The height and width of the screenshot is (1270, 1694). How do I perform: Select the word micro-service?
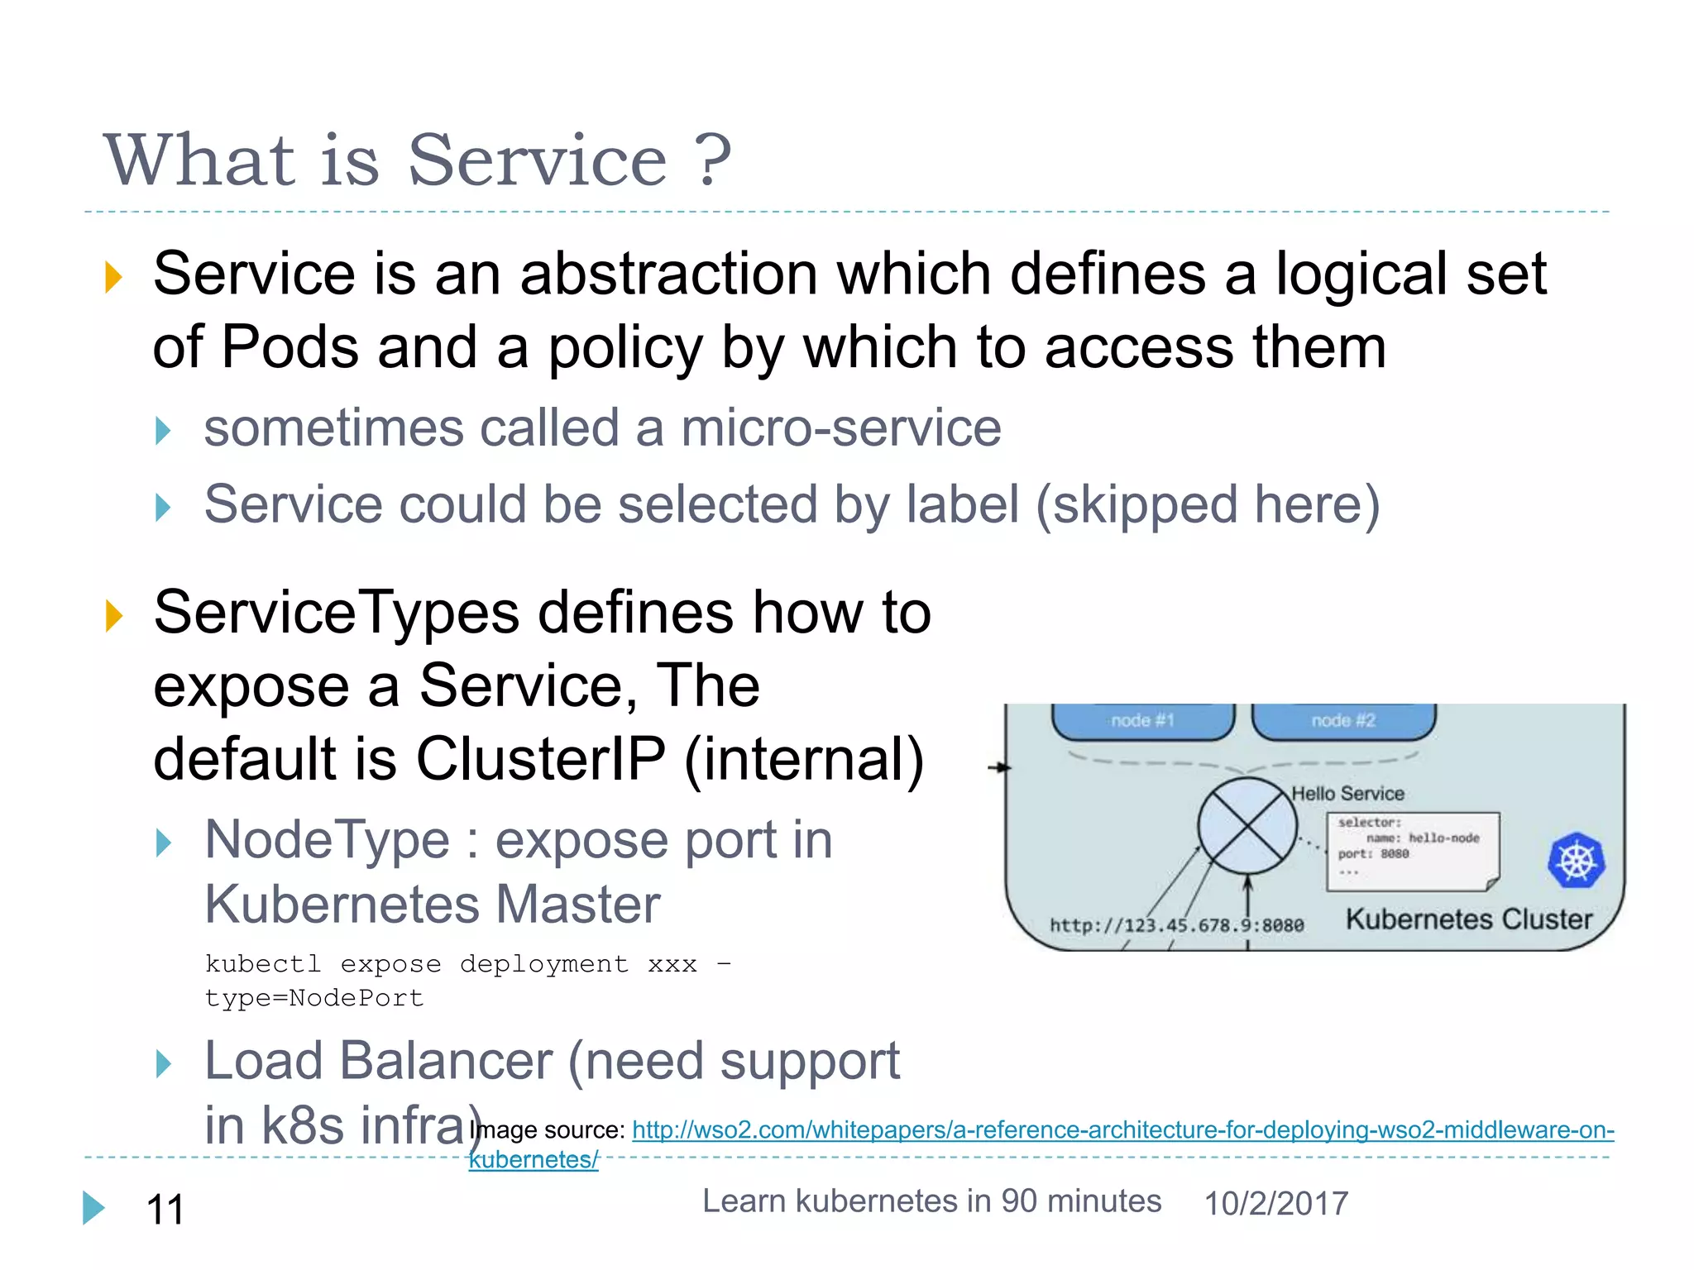pyautogui.click(x=840, y=428)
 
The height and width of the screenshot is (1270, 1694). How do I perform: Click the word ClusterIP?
pyautogui.click(x=540, y=758)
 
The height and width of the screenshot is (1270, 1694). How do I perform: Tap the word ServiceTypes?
pyautogui.click(x=337, y=613)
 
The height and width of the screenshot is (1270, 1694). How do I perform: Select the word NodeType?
pyautogui.click(x=327, y=840)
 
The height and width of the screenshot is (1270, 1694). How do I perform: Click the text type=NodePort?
pyautogui.click(x=314, y=998)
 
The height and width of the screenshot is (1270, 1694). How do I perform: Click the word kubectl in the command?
pyautogui.click(x=262, y=964)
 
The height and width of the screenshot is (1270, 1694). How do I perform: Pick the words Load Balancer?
pyautogui.click(x=378, y=1061)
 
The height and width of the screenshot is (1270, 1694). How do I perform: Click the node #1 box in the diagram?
pyautogui.click(x=1142, y=720)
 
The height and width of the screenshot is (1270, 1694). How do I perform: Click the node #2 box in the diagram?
pyautogui.click(x=1342, y=720)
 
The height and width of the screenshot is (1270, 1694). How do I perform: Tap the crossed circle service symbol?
pyautogui.click(x=1247, y=826)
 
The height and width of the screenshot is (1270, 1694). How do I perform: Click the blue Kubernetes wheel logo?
pyautogui.click(x=1576, y=861)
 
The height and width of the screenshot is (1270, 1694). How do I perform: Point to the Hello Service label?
pyautogui.click(x=1347, y=794)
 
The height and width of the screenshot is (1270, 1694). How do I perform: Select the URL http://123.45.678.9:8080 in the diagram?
pyautogui.click(x=1176, y=925)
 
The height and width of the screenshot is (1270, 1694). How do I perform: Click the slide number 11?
pyautogui.click(x=165, y=1209)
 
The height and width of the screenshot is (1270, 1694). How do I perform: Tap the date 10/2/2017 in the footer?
pyautogui.click(x=1275, y=1203)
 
